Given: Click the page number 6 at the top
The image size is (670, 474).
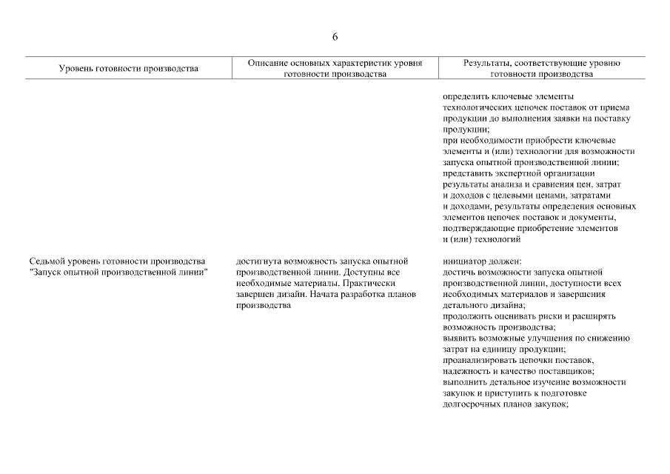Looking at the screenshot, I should pos(335,37).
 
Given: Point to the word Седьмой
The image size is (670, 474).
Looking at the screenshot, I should pos(47,261).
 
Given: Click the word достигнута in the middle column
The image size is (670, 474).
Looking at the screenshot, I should pos(257,261).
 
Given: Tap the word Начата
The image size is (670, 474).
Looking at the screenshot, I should pos(320,294).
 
